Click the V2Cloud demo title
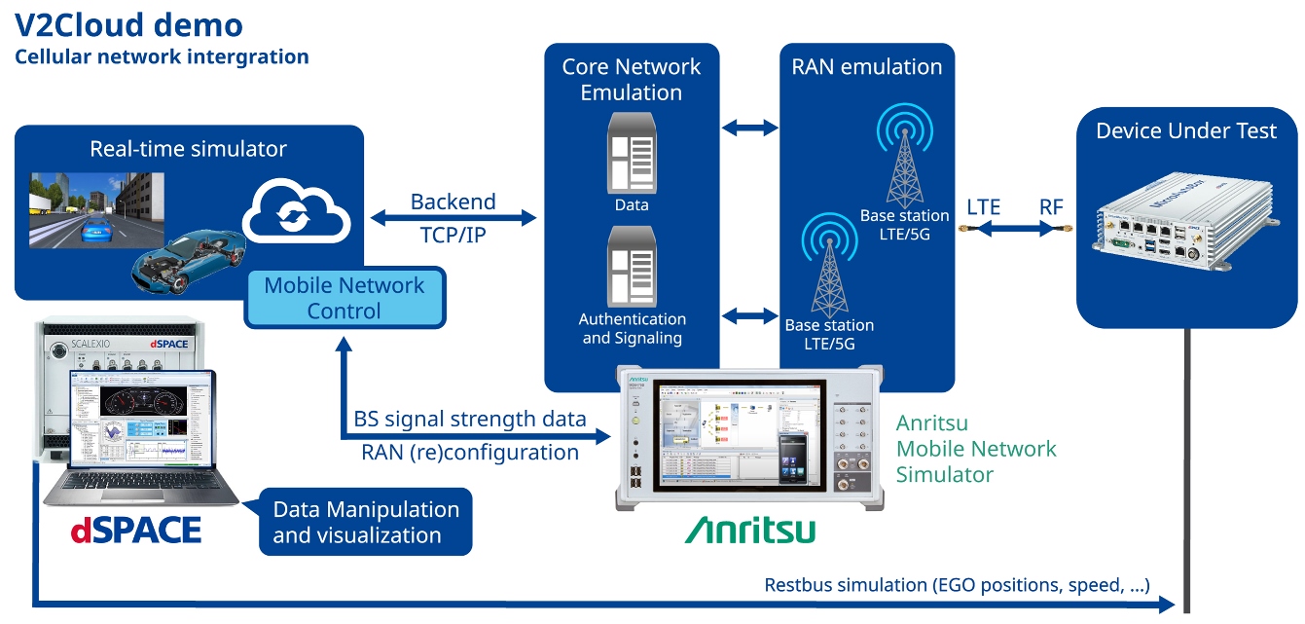coord(128,24)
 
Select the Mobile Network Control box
coord(344,298)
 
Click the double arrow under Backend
coord(453,218)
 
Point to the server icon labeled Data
coord(632,153)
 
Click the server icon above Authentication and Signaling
coord(632,266)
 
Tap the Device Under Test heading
coord(1186,131)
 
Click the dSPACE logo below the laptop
coord(135,530)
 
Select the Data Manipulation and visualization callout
coord(365,522)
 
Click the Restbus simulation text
coord(957,585)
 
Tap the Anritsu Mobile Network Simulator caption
coord(975,449)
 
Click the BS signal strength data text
coord(470,419)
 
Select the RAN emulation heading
coord(866,67)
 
